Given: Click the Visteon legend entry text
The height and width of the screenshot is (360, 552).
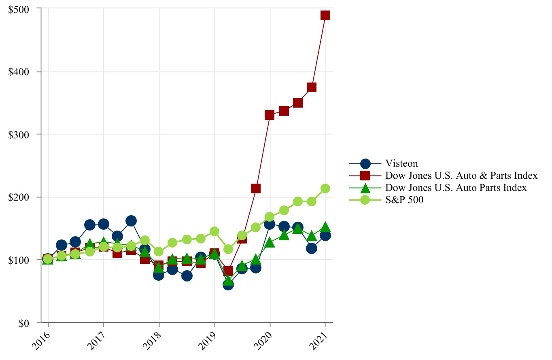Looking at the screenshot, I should pyautogui.click(x=401, y=163).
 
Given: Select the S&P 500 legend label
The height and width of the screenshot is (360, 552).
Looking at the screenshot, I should pyautogui.click(x=404, y=200).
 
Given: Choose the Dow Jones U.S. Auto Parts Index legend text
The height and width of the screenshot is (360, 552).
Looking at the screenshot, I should pyautogui.click(x=456, y=188).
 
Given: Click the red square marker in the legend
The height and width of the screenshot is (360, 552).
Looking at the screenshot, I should pyautogui.click(x=365, y=176).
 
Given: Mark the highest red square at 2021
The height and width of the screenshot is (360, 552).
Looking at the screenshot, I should pyautogui.click(x=325, y=15).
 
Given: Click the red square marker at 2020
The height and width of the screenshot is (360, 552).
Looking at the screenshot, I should pyautogui.click(x=270, y=115).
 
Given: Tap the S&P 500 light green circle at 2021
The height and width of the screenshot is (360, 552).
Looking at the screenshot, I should pyautogui.click(x=325, y=188).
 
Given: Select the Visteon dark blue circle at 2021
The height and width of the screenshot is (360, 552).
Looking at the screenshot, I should pyautogui.click(x=325, y=235).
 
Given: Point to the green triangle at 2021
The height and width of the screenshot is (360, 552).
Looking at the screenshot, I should pyautogui.click(x=325, y=227).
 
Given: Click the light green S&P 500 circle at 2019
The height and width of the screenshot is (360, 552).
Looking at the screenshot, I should pyautogui.click(x=214, y=231).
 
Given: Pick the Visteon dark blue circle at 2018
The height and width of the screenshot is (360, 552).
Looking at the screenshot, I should pyautogui.click(x=159, y=275).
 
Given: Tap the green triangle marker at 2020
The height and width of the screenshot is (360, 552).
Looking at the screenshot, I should pyautogui.click(x=270, y=243).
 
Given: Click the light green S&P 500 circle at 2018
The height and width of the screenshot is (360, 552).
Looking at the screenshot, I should pyautogui.click(x=159, y=252).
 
